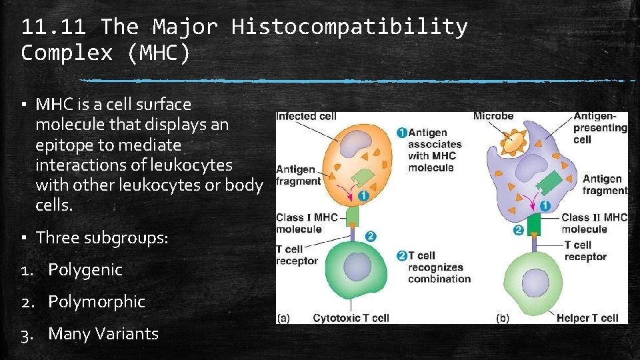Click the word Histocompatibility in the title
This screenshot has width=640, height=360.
pyautogui.click(x=349, y=27)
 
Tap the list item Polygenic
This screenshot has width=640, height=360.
pyautogui.click(x=85, y=270)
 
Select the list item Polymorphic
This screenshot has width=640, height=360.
pyautogui.click(x=97, y=302)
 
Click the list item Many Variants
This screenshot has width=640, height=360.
pyautogui.click(x=103, y=333)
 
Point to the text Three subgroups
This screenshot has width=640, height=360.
pyautogui.click(x=102, y=238)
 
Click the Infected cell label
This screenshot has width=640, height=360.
pyautogui.click(x=305, y=116)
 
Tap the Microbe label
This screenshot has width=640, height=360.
pyautogui.click(x=493, y=116)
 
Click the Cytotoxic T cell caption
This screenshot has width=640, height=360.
pyautogui.click(x=351, y=318)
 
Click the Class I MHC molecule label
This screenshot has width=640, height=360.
pyautogui.click(x=307, y=223)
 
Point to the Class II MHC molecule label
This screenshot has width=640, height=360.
pyautogui.click(x=594, y=223)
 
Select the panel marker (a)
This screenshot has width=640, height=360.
pyautogui.click(x=283, y=318)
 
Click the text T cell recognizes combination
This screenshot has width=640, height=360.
pyautogui.click(x=439, y=267)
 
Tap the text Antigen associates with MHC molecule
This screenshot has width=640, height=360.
pyautogui.click(x=434, y=150)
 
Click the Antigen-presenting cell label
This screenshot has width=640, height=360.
pyautogui.click(x=600, y=127)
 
